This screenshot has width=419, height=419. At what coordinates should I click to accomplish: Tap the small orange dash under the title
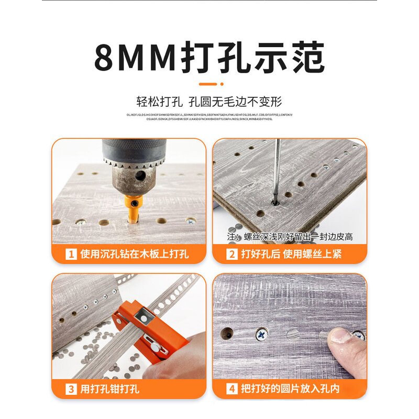[208, 83]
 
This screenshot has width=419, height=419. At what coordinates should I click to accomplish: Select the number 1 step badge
[71, 255]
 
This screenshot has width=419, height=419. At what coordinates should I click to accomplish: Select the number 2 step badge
[231, 255]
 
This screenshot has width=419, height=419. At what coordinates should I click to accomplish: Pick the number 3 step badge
[71, 389]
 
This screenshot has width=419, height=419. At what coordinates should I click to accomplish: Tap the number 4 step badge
[231, 389]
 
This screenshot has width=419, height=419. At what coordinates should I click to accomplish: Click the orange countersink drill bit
[133, 210]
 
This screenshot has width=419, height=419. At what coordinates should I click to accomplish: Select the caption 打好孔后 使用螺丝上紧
[291, 255]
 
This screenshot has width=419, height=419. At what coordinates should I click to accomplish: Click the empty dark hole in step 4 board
[227, 333]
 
